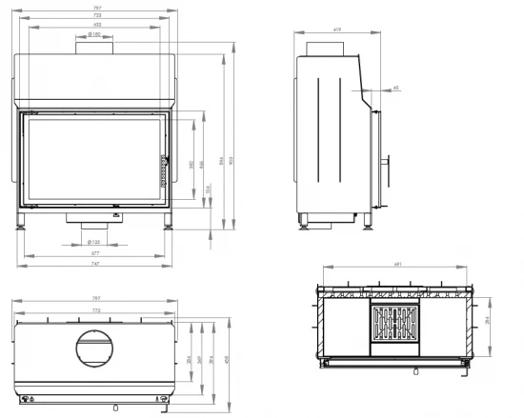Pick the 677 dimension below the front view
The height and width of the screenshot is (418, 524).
95,254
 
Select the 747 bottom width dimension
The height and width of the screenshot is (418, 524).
95,264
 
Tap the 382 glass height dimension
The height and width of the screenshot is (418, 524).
191,163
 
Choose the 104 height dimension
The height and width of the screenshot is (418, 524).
210,188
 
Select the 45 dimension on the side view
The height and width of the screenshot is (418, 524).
395,89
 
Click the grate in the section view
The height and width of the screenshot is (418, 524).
393,328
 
